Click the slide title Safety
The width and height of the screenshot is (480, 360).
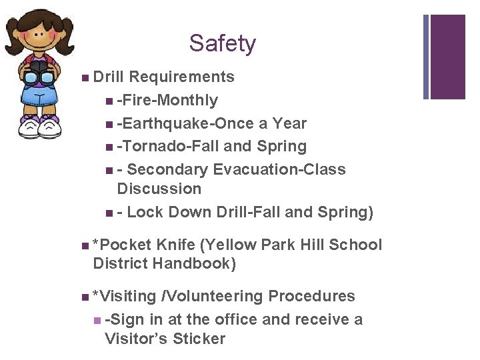(222, 44)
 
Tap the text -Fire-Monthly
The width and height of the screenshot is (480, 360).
(167, 101)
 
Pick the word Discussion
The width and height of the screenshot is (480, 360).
(159, 189)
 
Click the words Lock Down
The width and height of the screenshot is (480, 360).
(170, 213)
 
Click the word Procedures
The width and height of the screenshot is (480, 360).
(311, 297)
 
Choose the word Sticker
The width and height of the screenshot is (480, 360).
(199, 339)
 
